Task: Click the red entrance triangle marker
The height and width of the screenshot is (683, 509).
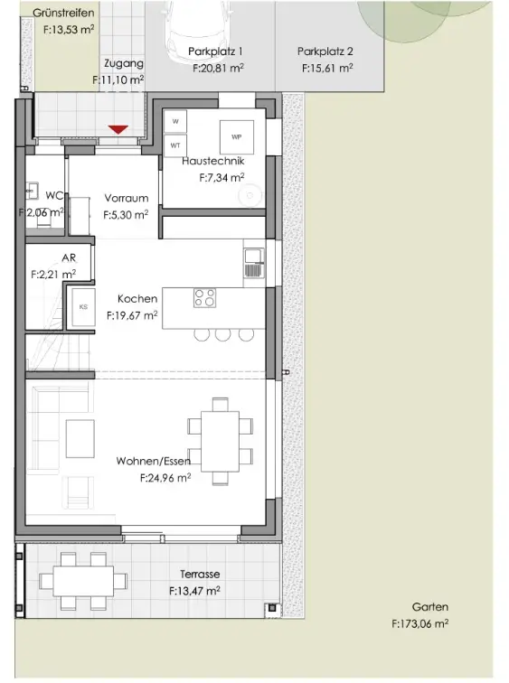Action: [118, 129]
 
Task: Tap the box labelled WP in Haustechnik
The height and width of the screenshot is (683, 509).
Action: [237, 136]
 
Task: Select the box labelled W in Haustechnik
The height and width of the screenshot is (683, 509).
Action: [175, 121]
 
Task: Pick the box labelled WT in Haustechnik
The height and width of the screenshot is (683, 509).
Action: [175, 145]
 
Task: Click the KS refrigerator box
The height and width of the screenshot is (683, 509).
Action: [83, 307]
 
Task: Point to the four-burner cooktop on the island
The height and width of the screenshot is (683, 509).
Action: [205, 298]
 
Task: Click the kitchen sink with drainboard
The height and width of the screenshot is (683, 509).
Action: [253, 263]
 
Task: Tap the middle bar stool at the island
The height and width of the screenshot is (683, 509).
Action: [222, 333]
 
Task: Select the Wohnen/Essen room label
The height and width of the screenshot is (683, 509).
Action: [154, 461]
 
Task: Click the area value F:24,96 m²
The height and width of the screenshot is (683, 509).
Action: [165, 478]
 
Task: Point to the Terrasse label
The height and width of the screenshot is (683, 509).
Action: [200, 574]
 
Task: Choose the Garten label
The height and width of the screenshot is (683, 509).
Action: [430, 607]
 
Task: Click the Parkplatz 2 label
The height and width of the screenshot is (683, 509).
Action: [325, 51]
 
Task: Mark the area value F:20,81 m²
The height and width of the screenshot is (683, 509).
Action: [218, 68]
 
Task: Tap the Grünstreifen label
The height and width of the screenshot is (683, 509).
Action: [63, 13]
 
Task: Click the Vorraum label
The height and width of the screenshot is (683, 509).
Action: [127, 198]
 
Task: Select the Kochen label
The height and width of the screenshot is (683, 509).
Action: [137, 299]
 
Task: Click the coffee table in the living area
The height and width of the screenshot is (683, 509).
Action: [80, 438]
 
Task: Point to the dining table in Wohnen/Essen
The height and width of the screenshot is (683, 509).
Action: [220, 441]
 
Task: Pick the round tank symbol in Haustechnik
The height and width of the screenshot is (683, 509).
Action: [250, 195]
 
